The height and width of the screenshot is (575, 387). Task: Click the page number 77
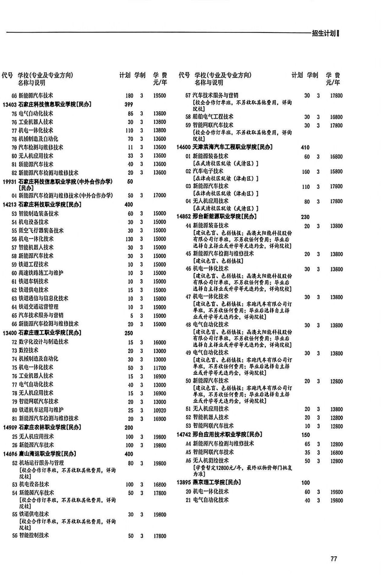pyautogui.click(x=333, y=559)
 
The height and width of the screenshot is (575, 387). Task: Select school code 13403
pyautogui.click(x=9, y=105)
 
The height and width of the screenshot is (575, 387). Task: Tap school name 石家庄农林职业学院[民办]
pyautogui.click(x=50, y=427)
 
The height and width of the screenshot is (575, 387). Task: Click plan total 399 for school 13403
pyautogui.click(x=129, y=105)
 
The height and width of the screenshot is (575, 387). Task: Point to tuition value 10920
pyautogui.click(x=160, y=410)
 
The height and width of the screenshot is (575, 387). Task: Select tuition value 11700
pyautogui.click(x=160, y=368)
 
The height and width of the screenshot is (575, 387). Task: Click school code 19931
pyautogui.click(x=9, y=182)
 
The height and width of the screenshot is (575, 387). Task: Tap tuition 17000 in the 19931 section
pyautogui.click(x=160, y=195)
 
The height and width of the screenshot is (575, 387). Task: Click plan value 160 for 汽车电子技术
pyautogui.click(x=306, y=172)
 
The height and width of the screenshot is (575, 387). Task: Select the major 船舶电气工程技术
pyautogui.click(x=213, y=117)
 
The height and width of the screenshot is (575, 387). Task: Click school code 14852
pyautogui.click(x=184, y=217)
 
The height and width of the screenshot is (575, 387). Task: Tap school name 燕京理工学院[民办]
pyautogui.click(x=216, y=482)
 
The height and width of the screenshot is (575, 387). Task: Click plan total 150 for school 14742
pyautogui.click(x=306, y=435)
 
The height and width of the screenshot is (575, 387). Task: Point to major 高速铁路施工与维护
pyautogui.click(x=41, y=273)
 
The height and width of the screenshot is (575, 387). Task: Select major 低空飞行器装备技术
pyautogui.click(x=41, y=230)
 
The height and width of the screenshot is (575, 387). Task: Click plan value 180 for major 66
pyautogui.click(x=129, y=96)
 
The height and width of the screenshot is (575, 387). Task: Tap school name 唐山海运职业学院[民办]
pyautogui.click(x=47, y=454)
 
